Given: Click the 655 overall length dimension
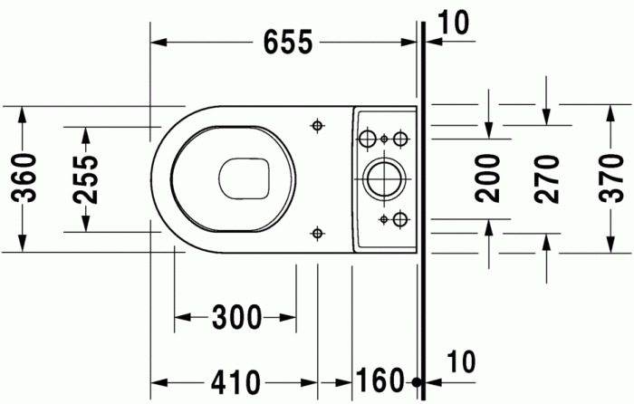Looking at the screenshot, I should [287, 42].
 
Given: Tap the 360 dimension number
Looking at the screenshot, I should [24, 178].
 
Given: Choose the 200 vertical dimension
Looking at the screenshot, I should [488, 178].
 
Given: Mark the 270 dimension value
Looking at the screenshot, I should [547, 178].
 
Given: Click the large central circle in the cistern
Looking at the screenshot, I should [381, 178].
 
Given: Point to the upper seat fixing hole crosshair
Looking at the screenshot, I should [316, 125].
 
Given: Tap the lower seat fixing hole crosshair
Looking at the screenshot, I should [316, 233].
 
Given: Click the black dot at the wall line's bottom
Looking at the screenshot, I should [418, 383].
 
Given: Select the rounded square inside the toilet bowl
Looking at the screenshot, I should [245, 178].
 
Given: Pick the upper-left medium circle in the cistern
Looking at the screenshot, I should [368, 139].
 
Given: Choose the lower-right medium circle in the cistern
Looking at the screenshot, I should [399, 218].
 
